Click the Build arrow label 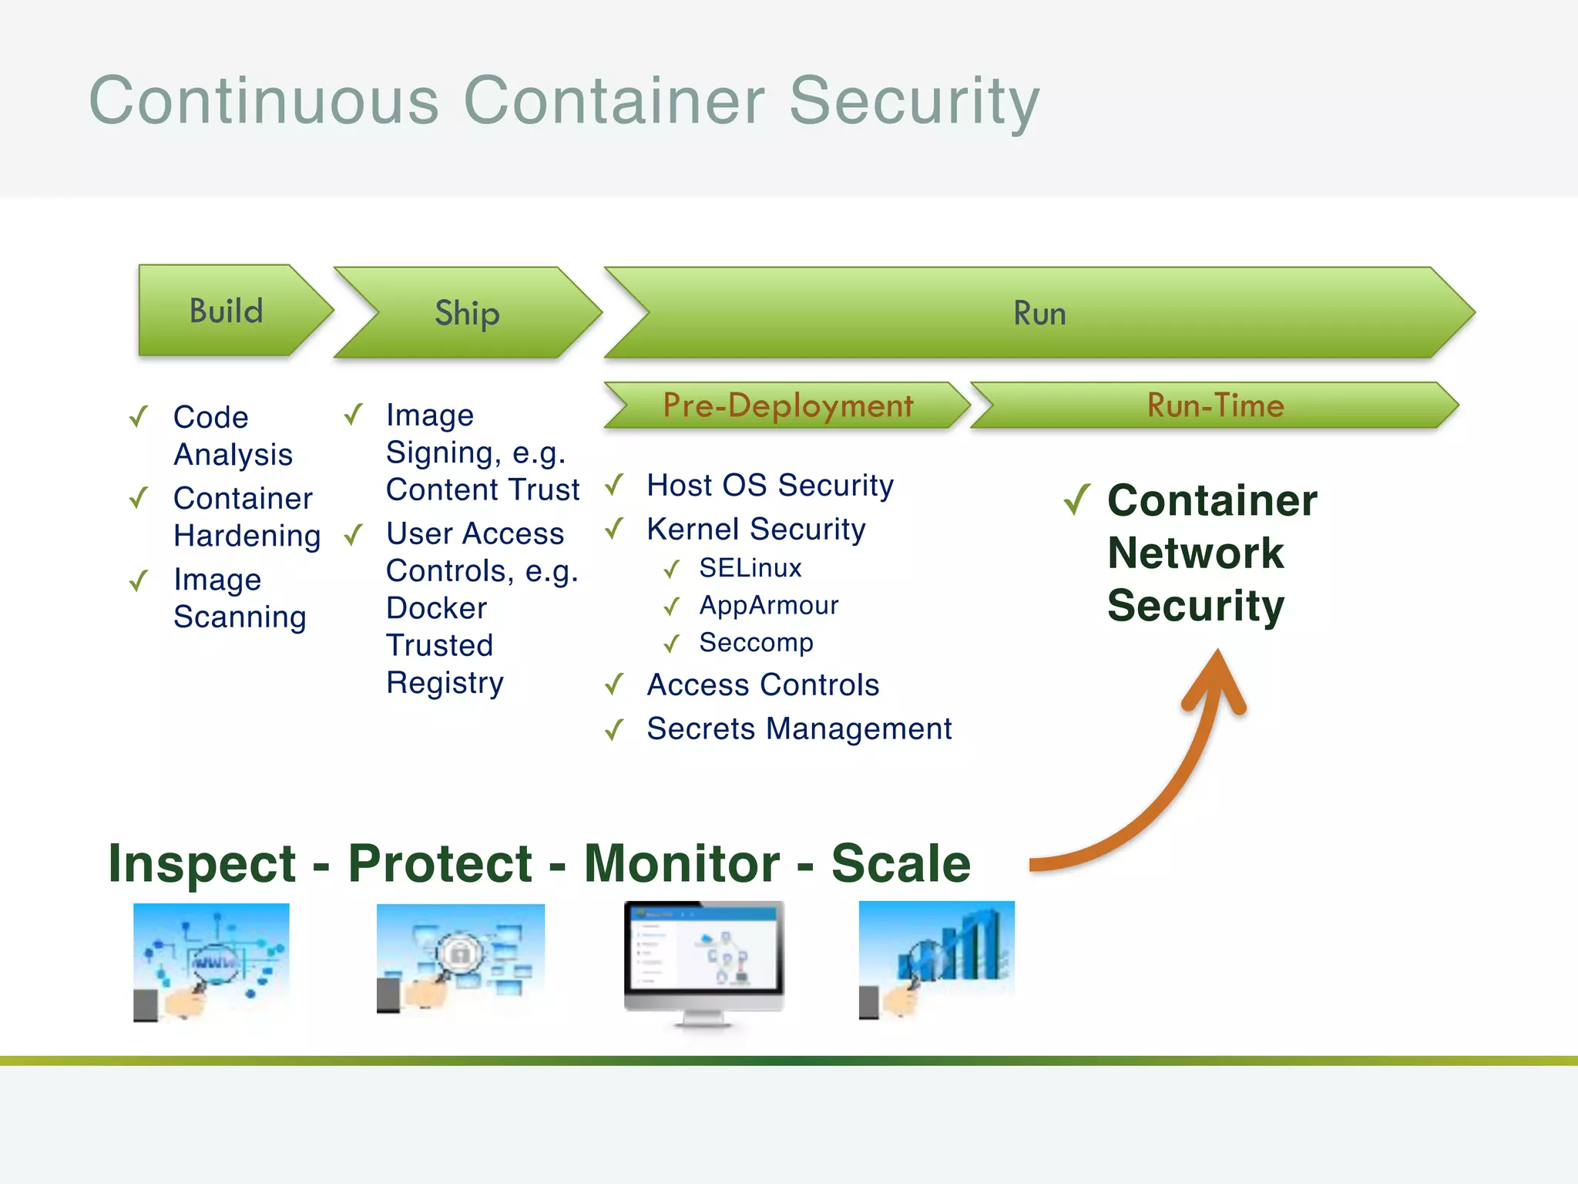(227, 311)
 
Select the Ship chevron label (467, 314)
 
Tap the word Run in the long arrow (1039, 314)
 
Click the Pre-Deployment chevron (787, 405)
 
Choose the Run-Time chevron (1215, 405)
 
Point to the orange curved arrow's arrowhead (1217, 678)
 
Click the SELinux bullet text (750, 568)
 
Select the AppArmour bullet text (768, 605)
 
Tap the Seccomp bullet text (756, 642)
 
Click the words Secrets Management (799, 728)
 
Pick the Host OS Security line (770, 486)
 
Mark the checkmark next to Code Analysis (139, 417)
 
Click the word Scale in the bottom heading (901, 863)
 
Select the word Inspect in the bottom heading (202, 863)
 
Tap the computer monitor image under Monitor (703, 963)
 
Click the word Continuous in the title (264, 100)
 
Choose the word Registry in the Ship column (445, 683)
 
